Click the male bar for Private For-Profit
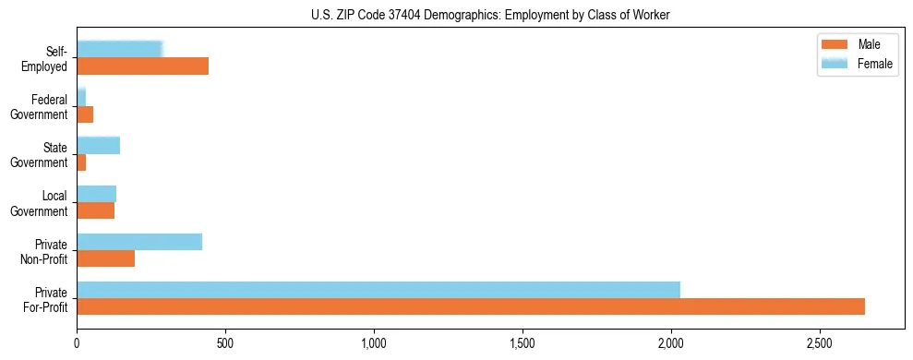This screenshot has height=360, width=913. point(471,306)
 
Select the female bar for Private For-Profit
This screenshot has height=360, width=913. point(378,290)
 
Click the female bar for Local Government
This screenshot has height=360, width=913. point(96,194)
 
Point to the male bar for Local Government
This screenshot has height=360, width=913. point(95,210)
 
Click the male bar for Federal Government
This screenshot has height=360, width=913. point(85,114)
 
